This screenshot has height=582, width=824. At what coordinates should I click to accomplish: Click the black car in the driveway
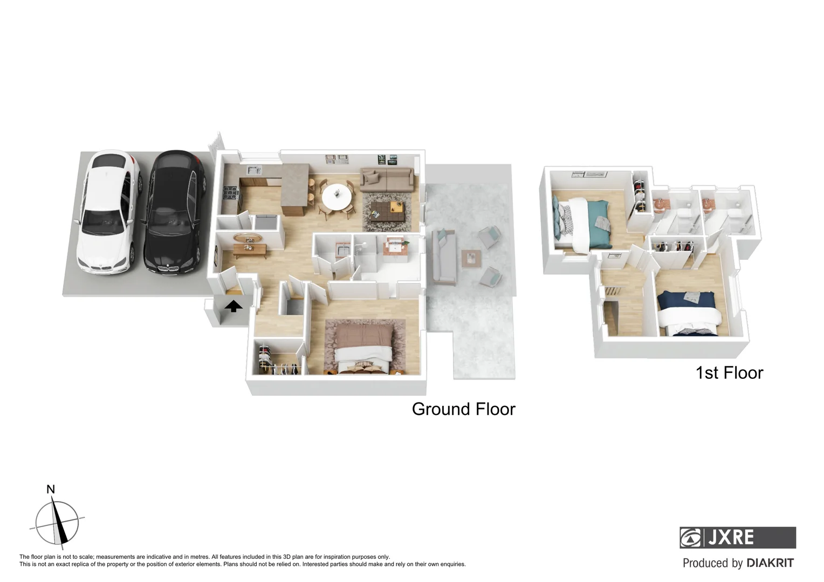click(175, 213)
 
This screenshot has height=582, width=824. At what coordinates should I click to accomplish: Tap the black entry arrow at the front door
click(233, 307)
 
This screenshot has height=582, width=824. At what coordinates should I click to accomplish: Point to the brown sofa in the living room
click(387, 178)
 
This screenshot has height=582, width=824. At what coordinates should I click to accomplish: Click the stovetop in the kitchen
click(230, 192)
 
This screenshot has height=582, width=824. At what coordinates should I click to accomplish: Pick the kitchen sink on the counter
click(253, 170)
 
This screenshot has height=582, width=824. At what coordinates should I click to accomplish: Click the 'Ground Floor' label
click(463, 409)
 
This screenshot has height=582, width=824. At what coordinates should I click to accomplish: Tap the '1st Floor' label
click(729, 373)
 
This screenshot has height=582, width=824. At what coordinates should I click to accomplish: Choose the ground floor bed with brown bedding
click(362, 346)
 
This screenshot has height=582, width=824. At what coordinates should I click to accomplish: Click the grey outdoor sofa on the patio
click(444, 257)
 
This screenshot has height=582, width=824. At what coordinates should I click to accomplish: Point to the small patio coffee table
click(471, 259)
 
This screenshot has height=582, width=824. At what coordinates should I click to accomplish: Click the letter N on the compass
click(51, 489)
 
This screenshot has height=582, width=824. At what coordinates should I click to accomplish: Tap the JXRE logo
click(737, 537)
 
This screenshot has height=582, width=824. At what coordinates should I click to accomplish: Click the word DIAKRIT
click(770, 563)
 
